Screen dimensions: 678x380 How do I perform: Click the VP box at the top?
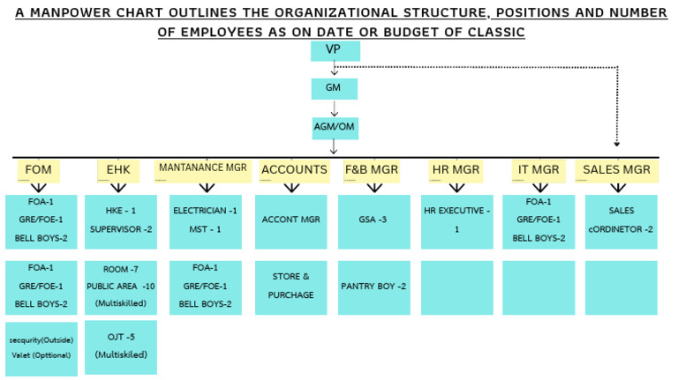click(x=335, y=51)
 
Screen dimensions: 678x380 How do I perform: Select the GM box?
click(x=335, y=89)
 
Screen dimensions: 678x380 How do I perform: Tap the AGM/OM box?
click(x=335, y=128)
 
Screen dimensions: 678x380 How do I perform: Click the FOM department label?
click(x=39, y=171)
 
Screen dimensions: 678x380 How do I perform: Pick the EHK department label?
click(x=118, y=171)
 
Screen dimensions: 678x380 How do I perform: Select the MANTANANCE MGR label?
click(x=203, y=171)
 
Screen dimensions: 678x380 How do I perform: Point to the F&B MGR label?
click(x=372, y=171)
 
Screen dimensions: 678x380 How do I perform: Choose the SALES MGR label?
click(x=616, y=171)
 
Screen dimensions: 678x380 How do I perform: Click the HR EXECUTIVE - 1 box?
click(x=457, y=221)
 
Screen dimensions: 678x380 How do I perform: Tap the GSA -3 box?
click(x=374, y=221)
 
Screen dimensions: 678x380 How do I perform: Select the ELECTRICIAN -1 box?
click(x=206, y=221)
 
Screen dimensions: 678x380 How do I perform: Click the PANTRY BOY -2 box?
click(x=374, y=287)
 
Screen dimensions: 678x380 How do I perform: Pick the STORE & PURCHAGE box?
click(x=291, y=287)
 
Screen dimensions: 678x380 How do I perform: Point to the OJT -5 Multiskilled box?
click(x=121, y=347)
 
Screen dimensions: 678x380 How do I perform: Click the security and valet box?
click(x=41, y=349)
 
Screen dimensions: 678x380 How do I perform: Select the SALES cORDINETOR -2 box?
click(x=621, y=221)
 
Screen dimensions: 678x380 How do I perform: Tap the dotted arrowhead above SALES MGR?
click(x=617, y=144)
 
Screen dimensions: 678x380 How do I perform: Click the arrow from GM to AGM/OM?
click(x=334, y=108)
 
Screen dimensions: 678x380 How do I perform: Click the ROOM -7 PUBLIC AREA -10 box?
click(x=121, y=287)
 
